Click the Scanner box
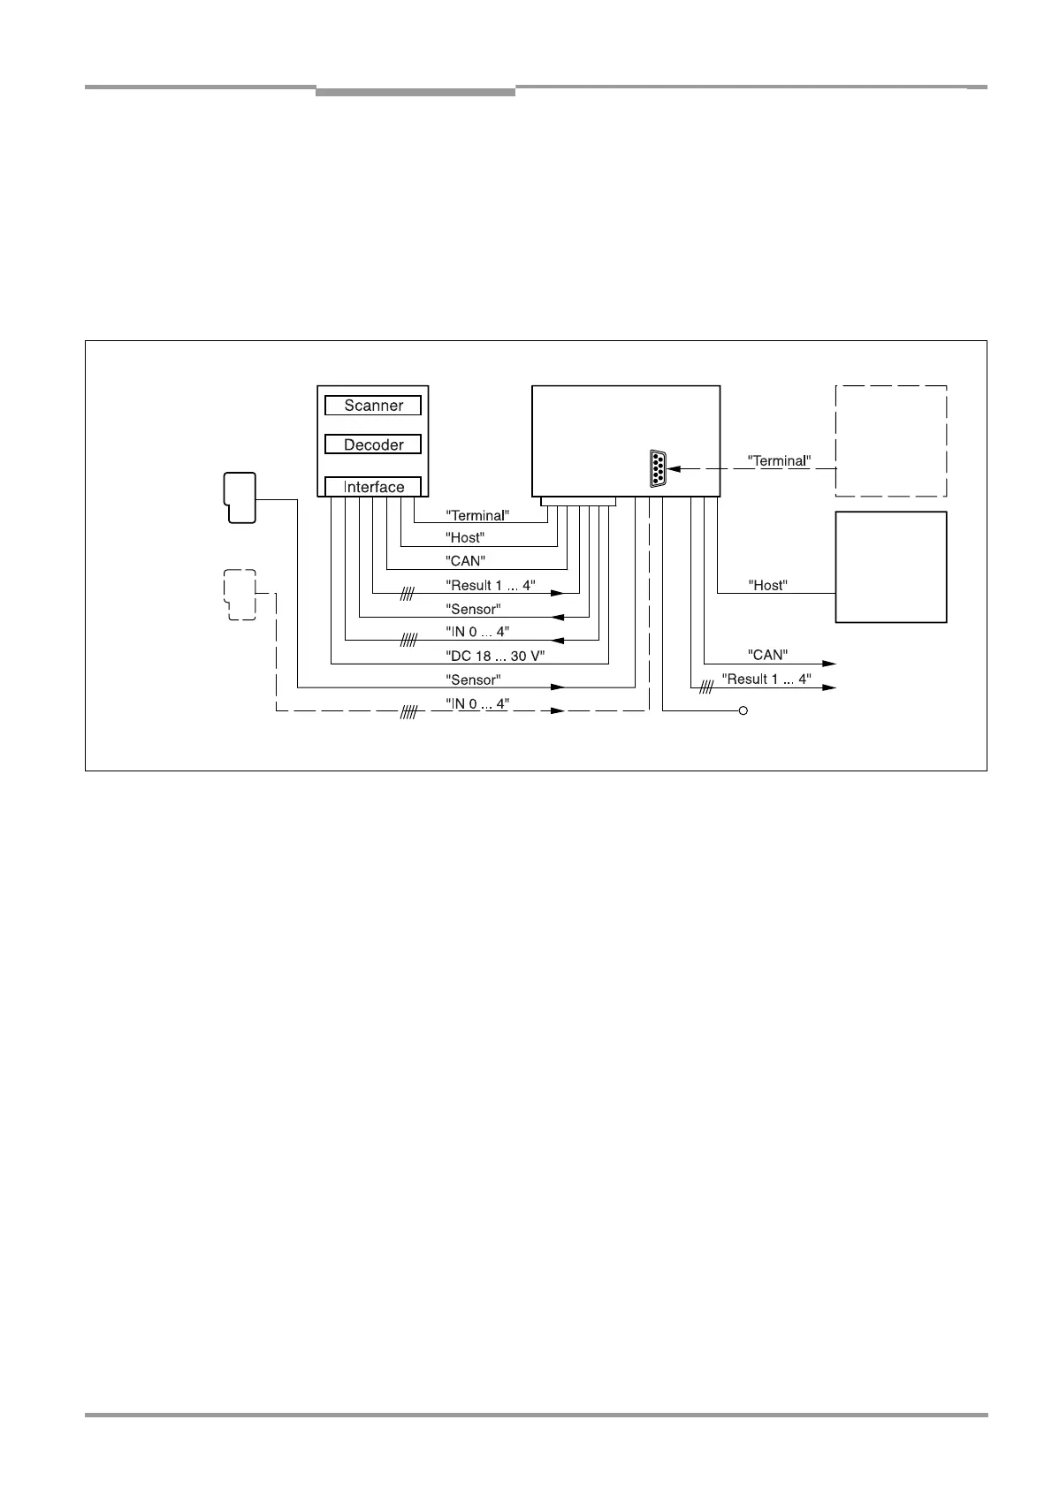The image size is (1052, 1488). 372,406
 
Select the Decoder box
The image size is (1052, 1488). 372,444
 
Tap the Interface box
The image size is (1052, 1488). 372,487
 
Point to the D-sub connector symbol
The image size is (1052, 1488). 657,469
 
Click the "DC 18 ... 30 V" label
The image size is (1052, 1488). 494,657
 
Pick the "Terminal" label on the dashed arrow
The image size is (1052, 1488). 779,460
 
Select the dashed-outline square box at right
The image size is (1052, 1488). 890,441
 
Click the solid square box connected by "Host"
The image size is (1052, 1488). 890,566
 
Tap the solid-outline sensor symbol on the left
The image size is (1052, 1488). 240,497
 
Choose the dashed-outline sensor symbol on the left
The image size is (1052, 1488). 240,594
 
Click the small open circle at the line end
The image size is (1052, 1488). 743,710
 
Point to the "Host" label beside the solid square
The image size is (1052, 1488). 767,585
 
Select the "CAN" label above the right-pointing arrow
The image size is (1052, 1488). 767,655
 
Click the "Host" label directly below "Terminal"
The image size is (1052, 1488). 465,537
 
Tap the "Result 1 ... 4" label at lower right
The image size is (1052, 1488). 766,679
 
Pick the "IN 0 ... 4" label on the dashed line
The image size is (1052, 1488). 477,702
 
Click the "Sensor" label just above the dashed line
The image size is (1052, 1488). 473,679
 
